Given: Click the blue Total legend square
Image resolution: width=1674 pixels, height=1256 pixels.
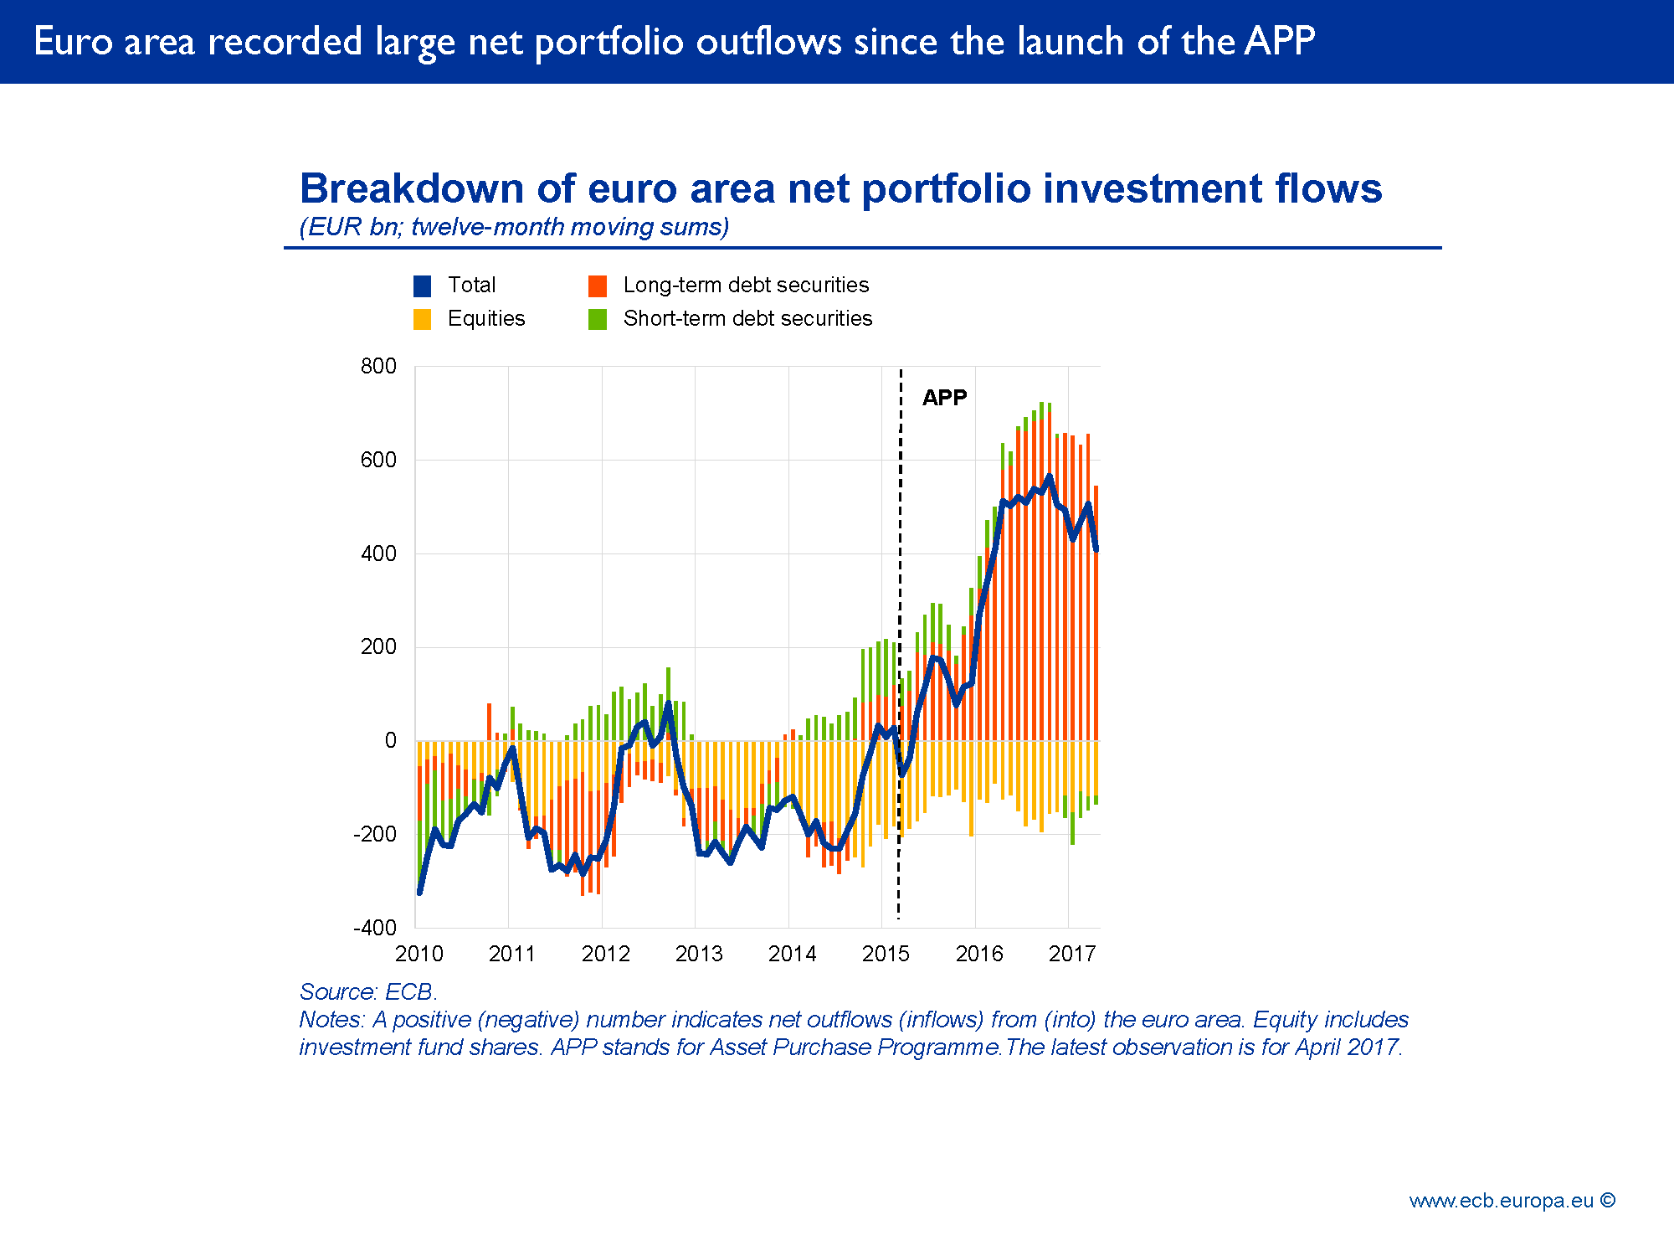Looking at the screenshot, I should tap(423, 286).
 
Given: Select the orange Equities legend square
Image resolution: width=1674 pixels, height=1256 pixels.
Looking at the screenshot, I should tap(423, 320).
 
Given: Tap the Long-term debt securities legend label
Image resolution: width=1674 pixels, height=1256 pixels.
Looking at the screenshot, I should tap(746, 286).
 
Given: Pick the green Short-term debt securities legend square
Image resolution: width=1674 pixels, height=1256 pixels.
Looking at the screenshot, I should tap(598, 320).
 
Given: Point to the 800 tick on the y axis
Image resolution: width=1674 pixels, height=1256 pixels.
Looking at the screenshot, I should tap(378, 366).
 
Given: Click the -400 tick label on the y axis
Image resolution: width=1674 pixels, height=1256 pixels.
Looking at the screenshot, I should tap(375, 928).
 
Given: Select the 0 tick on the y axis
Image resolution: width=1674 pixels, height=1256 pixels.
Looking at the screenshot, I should tap(390, 740).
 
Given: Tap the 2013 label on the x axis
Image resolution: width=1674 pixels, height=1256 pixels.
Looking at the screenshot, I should tap(699, 954).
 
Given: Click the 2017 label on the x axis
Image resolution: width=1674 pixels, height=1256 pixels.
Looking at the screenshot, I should tap(1072, 954).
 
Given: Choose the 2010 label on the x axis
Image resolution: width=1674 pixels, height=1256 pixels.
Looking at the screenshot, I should tap(419, 954).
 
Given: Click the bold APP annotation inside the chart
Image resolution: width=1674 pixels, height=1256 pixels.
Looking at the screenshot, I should tap(944, 398).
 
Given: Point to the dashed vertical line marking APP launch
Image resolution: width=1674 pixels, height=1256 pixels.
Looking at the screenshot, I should tap(901, 586).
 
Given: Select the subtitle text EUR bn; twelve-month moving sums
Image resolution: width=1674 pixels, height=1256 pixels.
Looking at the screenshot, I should tap(514, 227).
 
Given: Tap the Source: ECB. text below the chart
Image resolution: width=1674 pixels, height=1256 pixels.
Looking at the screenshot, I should tap(368, 992).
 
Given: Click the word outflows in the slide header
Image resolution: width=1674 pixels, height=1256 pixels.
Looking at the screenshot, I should tap(768, 42).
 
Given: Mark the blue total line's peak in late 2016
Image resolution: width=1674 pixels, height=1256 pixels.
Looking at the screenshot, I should tap(1050, 476).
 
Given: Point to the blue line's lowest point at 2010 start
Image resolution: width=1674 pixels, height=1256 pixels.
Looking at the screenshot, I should tap(419, 893).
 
